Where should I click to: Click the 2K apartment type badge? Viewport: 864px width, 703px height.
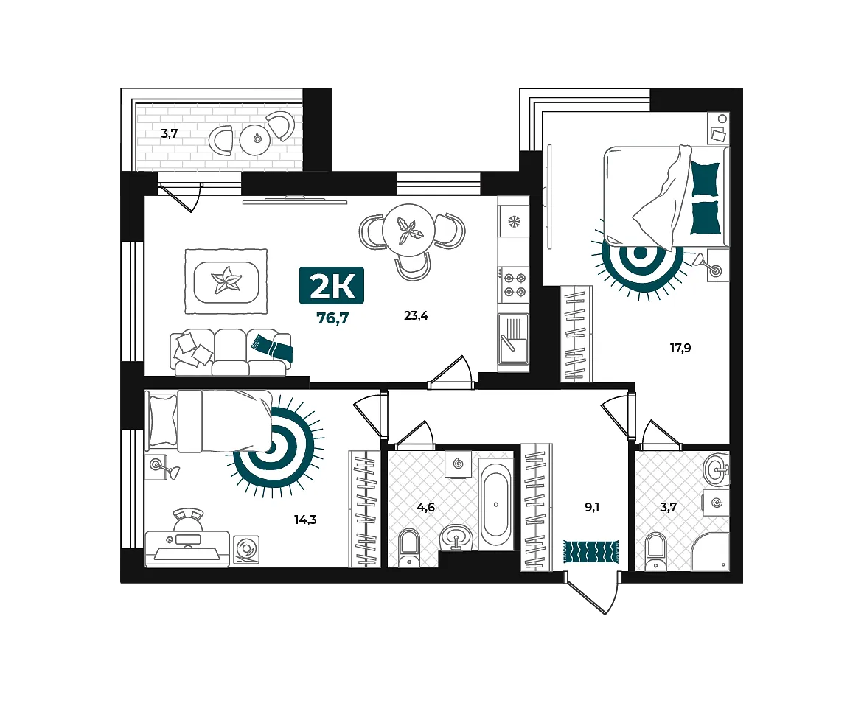[x=331, y=285]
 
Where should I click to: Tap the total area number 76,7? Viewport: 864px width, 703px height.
[x=332, y=318]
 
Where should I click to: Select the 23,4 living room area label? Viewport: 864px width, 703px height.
[x=416, y=315]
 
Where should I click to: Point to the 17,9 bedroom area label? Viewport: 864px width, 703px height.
[x=680, y=348]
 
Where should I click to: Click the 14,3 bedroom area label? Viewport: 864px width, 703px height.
[x=305, y=520]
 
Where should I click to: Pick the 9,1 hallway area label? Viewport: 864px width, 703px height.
[x=592, y=507]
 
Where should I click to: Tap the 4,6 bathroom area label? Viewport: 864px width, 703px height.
[x=426, y=507]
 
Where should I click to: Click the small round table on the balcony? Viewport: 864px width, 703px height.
[x=257, y=139]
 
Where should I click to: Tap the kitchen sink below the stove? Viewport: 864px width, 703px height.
[x=513, y=339]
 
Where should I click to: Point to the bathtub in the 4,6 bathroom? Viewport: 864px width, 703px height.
[x=496, y=504]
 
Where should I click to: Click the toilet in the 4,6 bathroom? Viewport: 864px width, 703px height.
[x=408, y=548]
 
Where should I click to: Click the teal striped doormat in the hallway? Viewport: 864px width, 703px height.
[x=590, y=551]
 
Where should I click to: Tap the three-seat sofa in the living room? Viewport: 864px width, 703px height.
[x=231, y=352]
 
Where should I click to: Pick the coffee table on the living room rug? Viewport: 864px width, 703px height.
[x=226, y=281]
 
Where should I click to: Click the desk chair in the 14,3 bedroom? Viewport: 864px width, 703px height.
[x=188, y=521]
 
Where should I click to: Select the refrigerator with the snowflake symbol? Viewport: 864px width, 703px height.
[x=513, y=222]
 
